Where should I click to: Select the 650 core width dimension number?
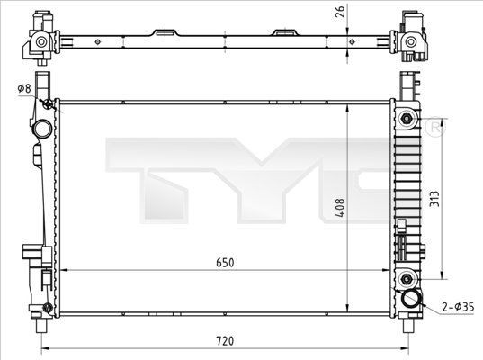click(224, 262)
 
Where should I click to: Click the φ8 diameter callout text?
click(24, 88)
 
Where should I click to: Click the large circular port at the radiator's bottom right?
click(413, 300)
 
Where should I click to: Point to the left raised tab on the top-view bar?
click(164, 32)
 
